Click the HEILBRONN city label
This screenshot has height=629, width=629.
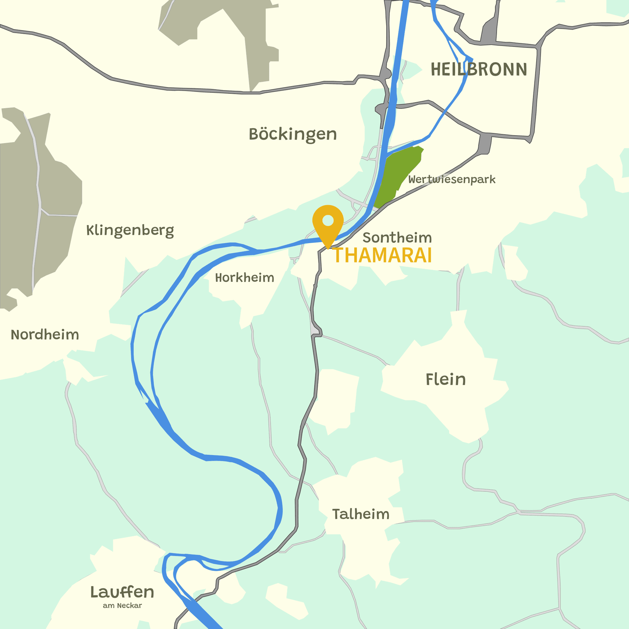479,69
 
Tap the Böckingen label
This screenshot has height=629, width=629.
293,134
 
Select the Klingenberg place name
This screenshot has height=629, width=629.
130,230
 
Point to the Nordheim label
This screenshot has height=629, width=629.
45,335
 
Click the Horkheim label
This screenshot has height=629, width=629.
244,278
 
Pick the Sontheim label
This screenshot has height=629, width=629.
397,238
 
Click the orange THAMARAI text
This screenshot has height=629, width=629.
382,256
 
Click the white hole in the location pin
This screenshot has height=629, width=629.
328,220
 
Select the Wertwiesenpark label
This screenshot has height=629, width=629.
452,180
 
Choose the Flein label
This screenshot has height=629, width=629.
446,379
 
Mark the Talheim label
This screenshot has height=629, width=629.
361,514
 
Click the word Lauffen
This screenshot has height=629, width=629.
122,592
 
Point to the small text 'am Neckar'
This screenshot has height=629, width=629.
122,606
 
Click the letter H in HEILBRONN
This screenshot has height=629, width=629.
436,69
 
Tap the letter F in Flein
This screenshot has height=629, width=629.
429,379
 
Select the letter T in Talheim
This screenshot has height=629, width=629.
336,514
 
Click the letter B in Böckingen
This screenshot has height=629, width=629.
254,134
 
